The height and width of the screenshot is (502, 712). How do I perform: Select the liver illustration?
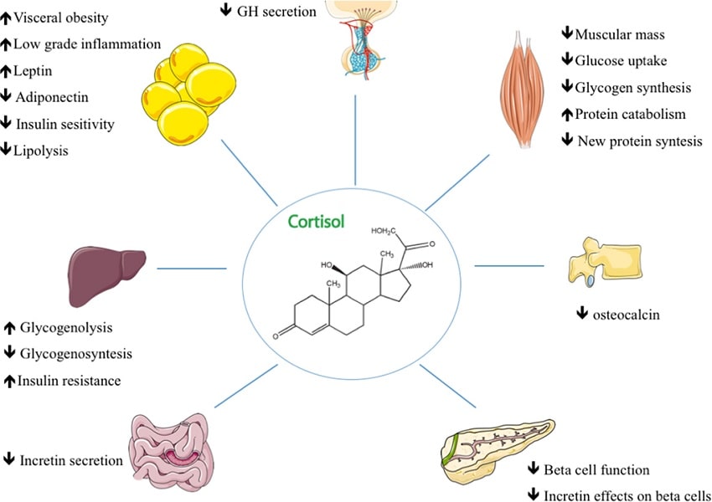[x=106, y=274]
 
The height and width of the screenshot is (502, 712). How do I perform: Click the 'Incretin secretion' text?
[x=71, y=460]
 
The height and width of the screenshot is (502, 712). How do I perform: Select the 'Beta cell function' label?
[x=596, y=470]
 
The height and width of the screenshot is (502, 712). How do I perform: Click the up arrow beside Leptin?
[x=6, y=70]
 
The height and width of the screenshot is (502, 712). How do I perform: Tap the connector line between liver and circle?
[x=192, y=268]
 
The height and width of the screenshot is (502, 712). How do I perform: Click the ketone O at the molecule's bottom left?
[x=276, y=336]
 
